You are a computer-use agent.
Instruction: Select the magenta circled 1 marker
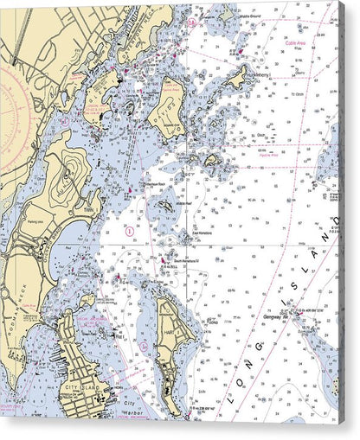point(129,232)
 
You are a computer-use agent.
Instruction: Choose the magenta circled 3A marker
point(144,345)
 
